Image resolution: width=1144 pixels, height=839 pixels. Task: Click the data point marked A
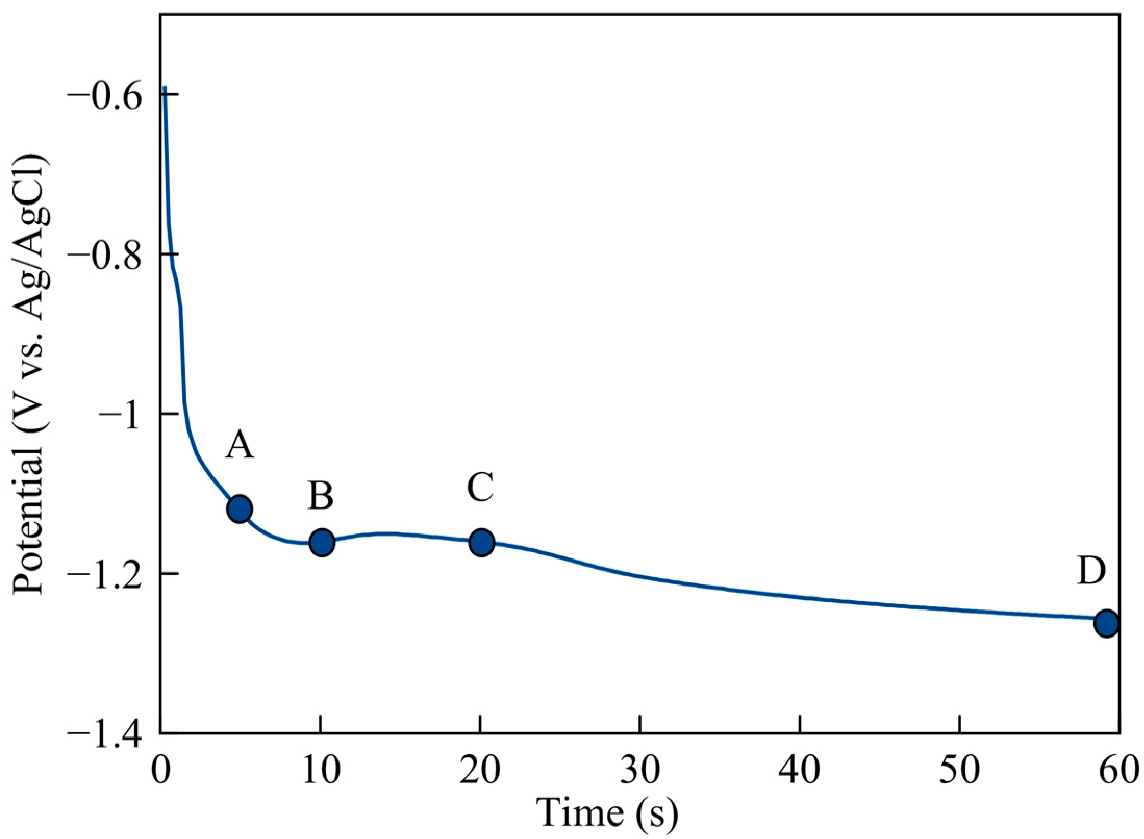240,509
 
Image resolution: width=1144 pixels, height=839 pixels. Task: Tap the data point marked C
482,542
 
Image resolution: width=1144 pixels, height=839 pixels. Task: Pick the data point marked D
1106,623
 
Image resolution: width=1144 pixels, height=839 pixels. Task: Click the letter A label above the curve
240,446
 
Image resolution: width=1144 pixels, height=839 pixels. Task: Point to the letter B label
321,495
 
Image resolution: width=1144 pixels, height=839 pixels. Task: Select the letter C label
480,488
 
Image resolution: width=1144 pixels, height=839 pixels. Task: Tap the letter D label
1091,571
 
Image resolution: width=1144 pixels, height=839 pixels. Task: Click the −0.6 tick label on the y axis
105,96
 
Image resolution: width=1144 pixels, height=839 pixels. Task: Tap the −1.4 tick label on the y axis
105,734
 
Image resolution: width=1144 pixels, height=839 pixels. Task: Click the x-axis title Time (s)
608,812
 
